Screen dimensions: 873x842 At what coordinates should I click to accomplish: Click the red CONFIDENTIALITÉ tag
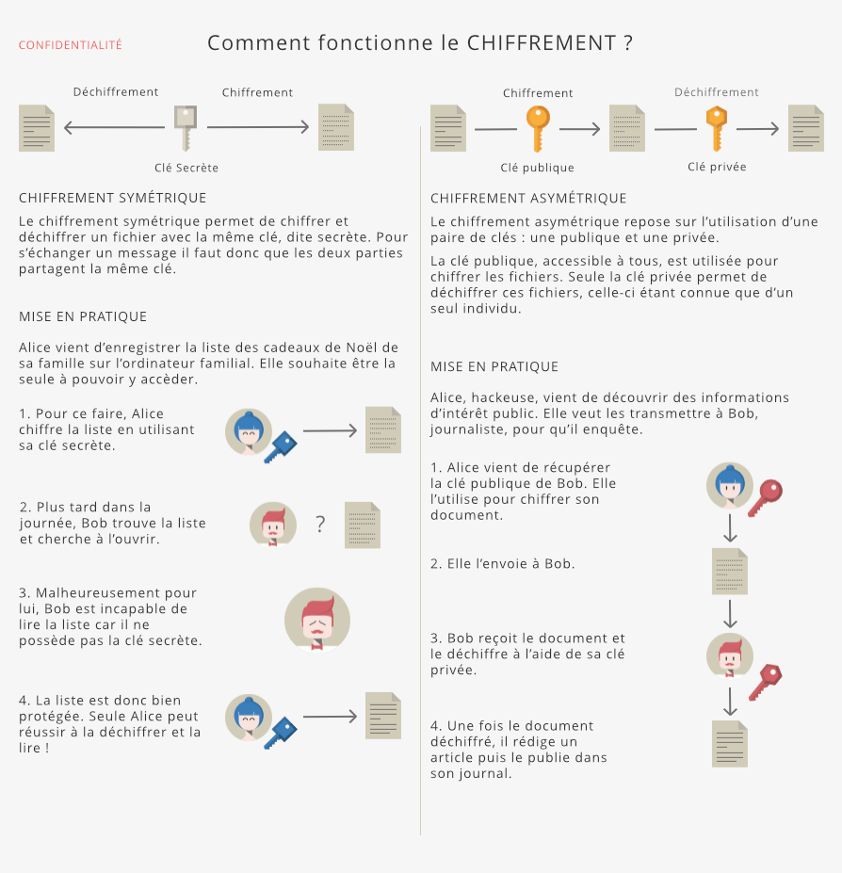point(71,45)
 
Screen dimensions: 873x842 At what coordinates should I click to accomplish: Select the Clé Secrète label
point(186,168)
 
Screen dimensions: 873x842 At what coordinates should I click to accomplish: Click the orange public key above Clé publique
point(537,128)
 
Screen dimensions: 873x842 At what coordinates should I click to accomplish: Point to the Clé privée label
point(717,167)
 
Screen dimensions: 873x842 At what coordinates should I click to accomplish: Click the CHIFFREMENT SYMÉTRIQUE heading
point(112,198)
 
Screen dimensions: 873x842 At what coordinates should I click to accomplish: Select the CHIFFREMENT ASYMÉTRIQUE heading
point(528,198)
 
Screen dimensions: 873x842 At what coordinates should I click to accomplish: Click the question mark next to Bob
point(320,525)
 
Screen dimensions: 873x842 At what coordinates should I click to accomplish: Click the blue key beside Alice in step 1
point(280,446)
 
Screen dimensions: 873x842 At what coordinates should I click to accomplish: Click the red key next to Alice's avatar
point(765,496)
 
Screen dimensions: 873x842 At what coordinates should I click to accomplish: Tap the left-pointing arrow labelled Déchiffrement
point(114,127)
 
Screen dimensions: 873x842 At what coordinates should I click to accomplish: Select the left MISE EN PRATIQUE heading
point(83,316)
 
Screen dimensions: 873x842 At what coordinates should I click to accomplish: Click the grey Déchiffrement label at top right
point(716,92)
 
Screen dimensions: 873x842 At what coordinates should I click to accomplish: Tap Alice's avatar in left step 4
point(249,719)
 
